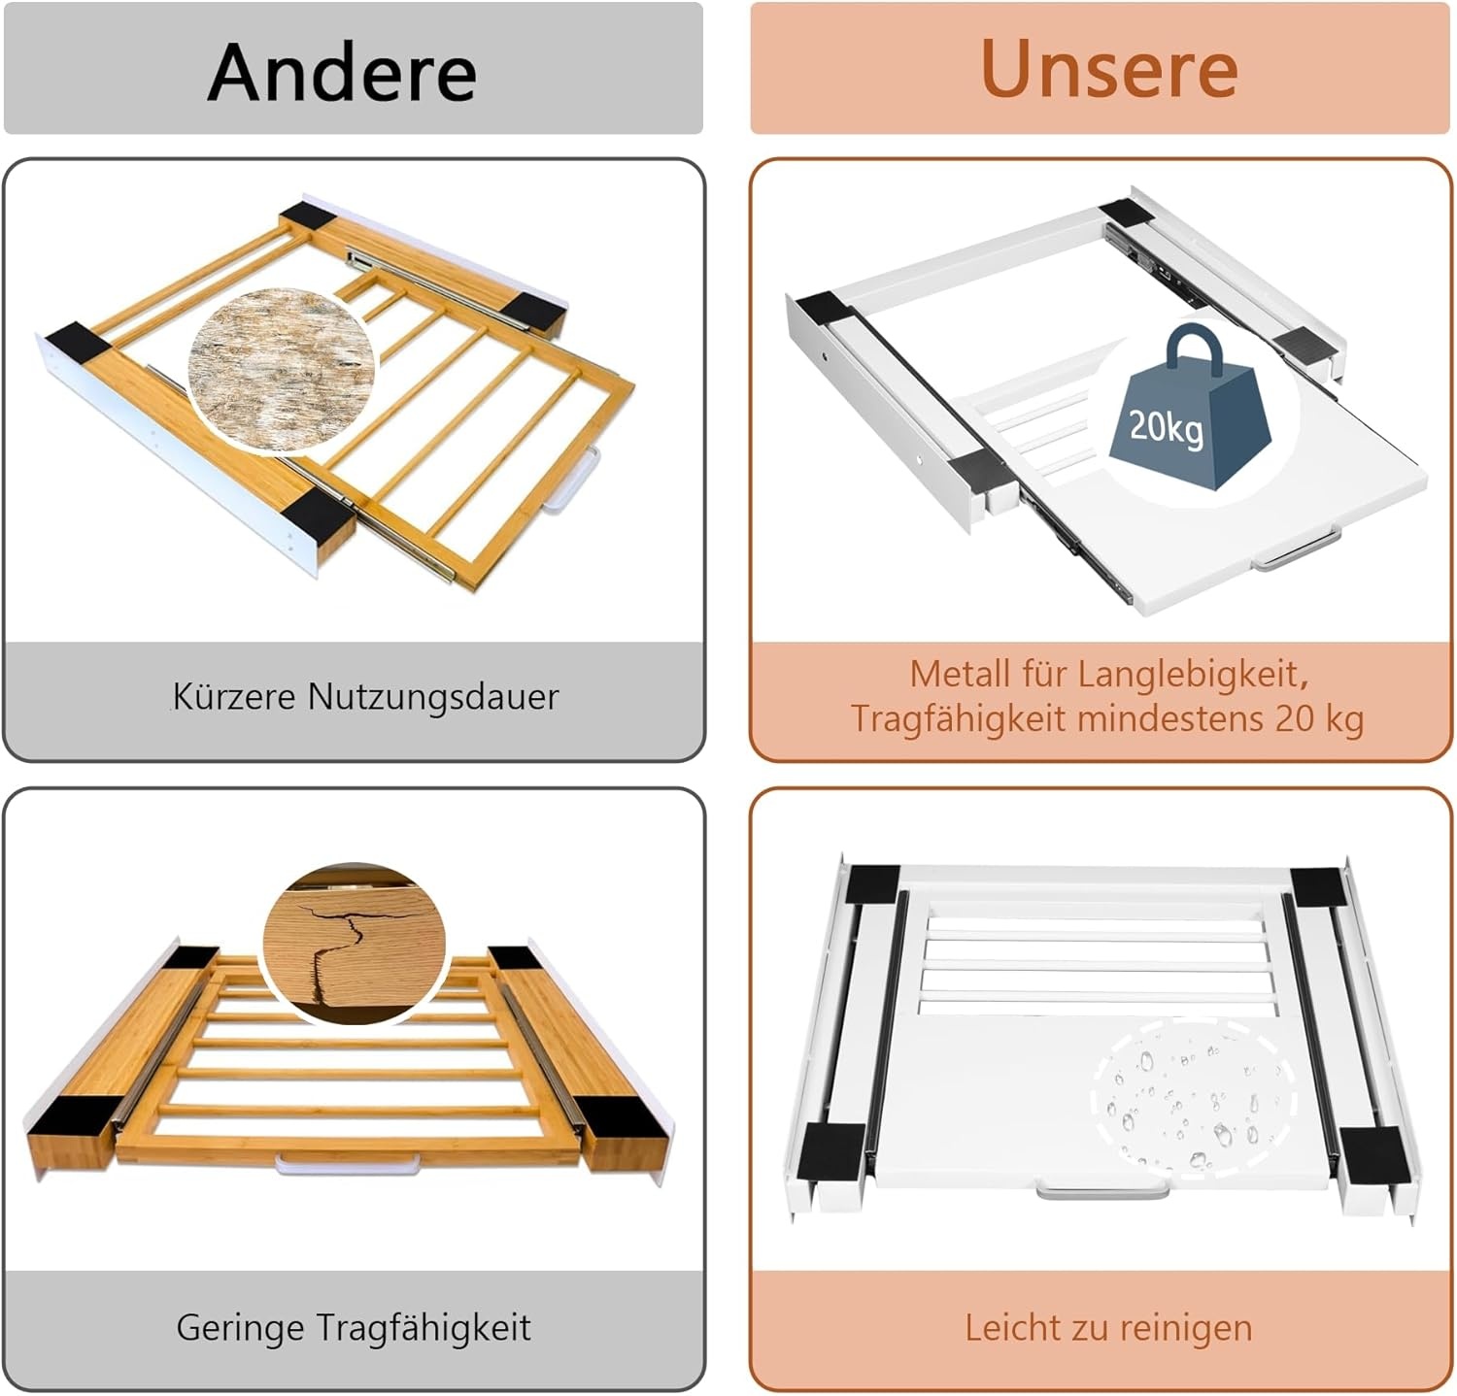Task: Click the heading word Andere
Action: coord(342,73)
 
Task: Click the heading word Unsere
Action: coord(1109,69)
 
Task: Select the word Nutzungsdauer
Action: coord(433,697)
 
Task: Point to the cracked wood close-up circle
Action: coord(354,943)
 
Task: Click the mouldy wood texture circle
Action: coord(282,368)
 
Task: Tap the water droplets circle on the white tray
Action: coord(1194,1095)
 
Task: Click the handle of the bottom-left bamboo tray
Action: coord(348,1163)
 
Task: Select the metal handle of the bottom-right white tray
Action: coord(1102,1189)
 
